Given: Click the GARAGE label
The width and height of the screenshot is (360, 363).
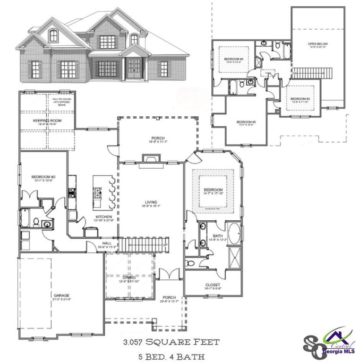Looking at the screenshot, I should (x=61, y=295).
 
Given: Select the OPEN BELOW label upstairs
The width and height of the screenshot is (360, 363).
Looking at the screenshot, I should (x=318, y=44).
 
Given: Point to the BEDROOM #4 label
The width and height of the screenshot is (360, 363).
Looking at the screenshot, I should (x=233, y=59).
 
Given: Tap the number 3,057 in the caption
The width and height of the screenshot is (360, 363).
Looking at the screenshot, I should (x=136, y=341).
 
